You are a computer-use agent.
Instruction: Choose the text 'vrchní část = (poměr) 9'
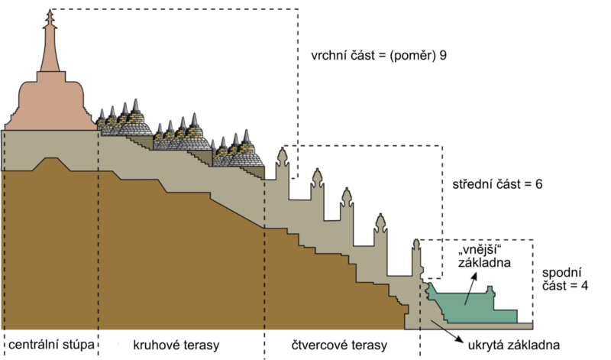coord(379,57)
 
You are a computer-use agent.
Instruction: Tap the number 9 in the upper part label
coord(443,57)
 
